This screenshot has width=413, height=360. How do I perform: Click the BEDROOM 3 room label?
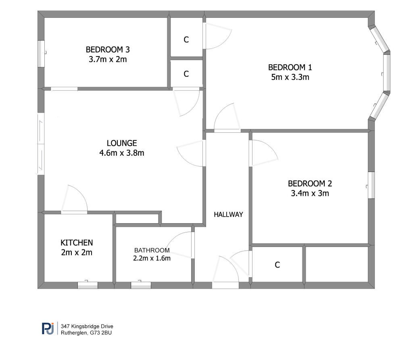(108, 50)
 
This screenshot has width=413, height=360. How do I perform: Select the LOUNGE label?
(122, 143)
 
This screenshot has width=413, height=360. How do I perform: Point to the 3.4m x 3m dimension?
(310, 193)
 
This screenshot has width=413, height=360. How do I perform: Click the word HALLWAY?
(229, 214)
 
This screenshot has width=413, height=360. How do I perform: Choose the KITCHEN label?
(77, 243)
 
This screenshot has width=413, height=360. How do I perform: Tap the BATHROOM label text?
(152, 250)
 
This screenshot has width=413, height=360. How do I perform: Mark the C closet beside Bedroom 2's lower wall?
(277, 265)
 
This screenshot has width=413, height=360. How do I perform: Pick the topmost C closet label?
(186, 40)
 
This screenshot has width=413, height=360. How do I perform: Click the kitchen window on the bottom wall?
(88, 285)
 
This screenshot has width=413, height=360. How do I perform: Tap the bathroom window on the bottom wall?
(141, 285)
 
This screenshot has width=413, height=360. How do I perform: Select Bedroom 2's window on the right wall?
(371, 185)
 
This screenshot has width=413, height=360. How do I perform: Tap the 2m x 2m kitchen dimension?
(77, 253)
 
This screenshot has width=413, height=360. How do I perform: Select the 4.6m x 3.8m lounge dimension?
(122, 153)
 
